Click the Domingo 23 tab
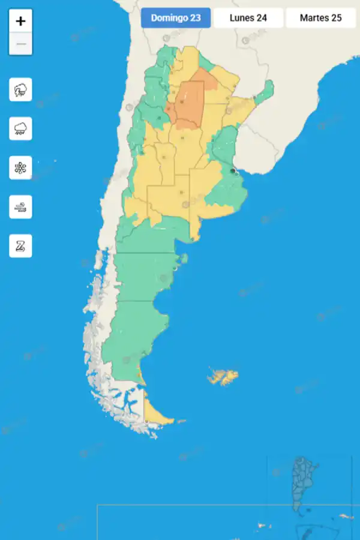tap(176, 18)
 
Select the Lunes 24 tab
tap(248, 18)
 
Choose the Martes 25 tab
tap(320, 18)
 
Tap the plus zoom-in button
tap(21, 21)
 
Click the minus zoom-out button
tap(21, 44)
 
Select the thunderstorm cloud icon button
tap(21, 90)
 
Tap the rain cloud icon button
tap(21, 128)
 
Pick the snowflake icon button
tap(21, 167)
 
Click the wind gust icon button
tap(21, 207)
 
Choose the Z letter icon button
tap(21, 246)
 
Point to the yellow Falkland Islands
tap(223, 377)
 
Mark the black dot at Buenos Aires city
tap(232, 171)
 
